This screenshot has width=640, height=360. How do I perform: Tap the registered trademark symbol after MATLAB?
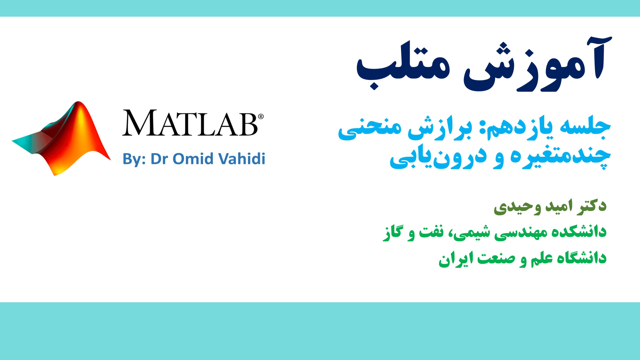[261, 116]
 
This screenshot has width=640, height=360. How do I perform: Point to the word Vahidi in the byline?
[242, 159]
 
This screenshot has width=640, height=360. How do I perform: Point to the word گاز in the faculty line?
[392, 232]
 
